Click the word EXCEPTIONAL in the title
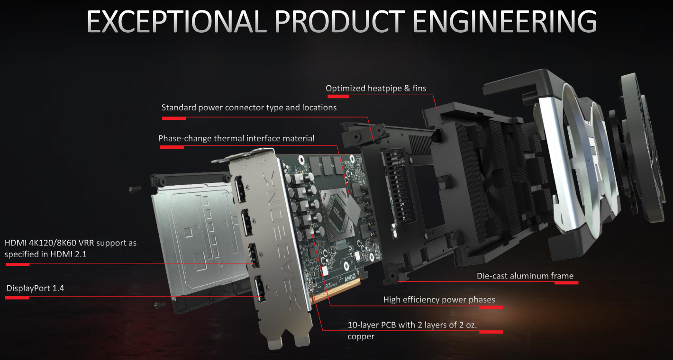coord(177,21)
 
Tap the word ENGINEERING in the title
coord(505,21)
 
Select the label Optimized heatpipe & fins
coord(376,88)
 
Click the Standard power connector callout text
coord(249,108)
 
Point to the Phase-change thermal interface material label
coord(236,138)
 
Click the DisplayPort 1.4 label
coord(35,288)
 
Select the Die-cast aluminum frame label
coord(525,276)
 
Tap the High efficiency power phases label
coord(439,300)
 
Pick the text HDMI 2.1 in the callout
coord(68,254)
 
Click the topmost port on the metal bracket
coord(240,189)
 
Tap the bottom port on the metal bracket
coord(260,289)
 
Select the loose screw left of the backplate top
coord(135,189)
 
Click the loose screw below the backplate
coord(160,305)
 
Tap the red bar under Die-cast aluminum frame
coord(566,282)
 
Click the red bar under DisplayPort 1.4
coord(17,298)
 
